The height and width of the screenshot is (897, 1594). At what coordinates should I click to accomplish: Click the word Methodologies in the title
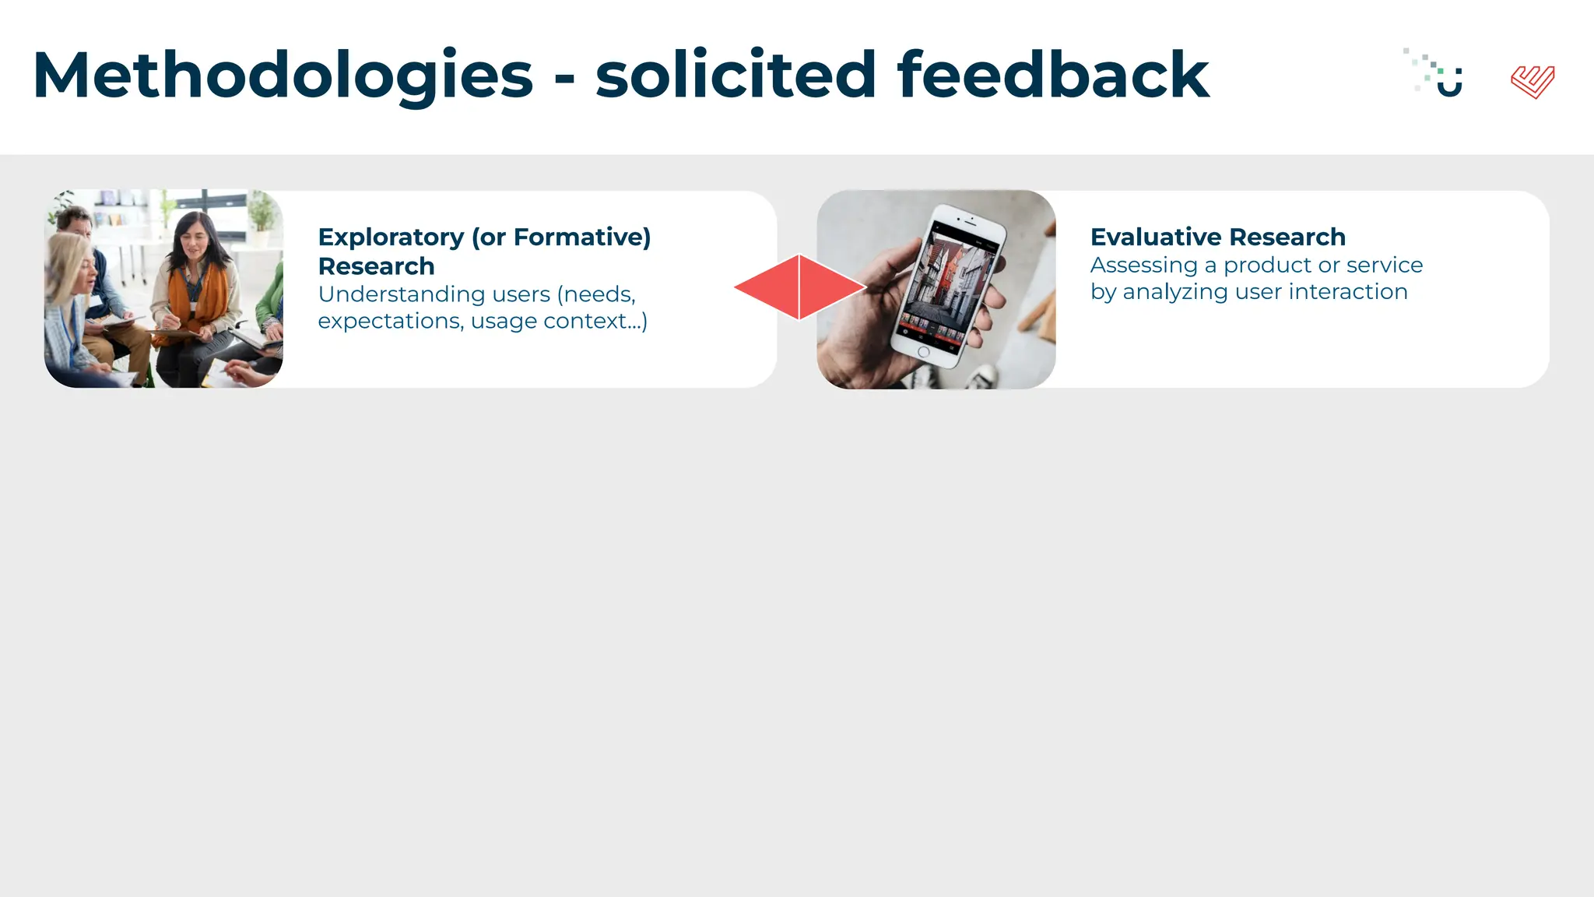283,76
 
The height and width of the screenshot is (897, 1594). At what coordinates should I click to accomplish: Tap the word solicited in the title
736,76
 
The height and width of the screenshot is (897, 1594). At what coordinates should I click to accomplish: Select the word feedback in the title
1052,76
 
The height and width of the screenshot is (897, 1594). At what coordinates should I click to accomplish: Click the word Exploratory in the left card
391,237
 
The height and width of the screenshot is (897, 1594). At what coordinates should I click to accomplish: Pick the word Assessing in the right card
1143,266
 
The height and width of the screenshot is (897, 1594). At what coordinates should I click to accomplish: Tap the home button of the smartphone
924,352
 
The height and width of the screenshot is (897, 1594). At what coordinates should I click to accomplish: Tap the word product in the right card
1267,266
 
